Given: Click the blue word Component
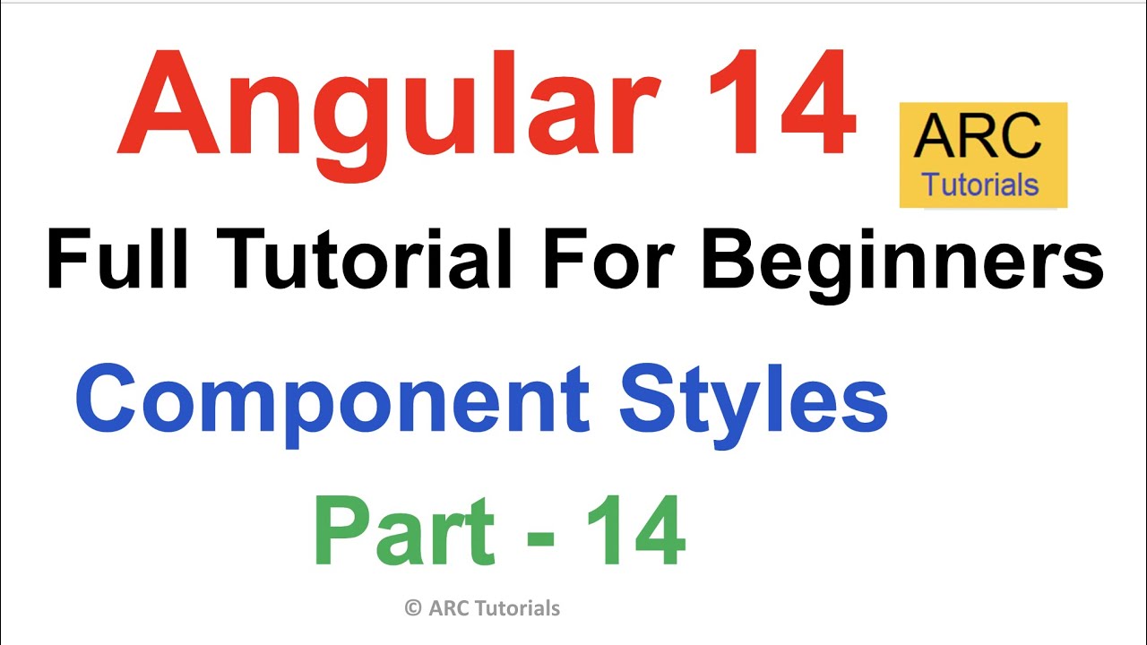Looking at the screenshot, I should (x=332, y=403).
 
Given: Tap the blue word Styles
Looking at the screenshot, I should (x=753, y=403).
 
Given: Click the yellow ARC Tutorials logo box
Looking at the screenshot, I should (x=983, y=155).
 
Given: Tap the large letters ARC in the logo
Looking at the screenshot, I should (x=979, y=137).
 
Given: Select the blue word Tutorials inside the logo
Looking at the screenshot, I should (x=980, y=185).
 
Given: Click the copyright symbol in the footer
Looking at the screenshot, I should (x=413, y=608).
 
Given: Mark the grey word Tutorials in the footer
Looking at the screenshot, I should (x=518, y=608).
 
